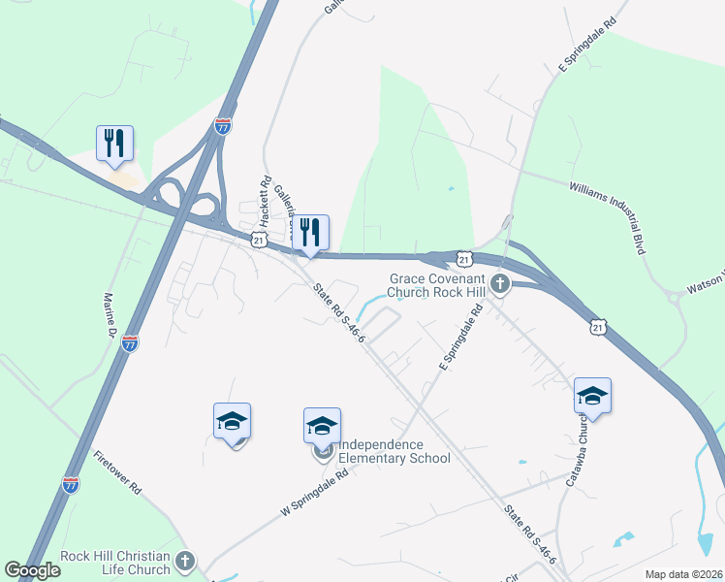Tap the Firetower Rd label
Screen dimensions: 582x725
point(118,472)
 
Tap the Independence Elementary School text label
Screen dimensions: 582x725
point(394,450)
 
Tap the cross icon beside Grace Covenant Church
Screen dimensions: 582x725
point(500,283)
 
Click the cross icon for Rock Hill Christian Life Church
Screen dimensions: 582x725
point(185,562)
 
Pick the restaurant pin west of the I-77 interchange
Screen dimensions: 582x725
point(115,144)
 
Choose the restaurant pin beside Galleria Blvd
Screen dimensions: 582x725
point(311,233)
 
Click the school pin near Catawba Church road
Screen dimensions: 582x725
point(592,396)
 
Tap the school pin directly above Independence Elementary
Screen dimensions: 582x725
point(323,426)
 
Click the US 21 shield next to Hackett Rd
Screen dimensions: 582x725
point(258,240)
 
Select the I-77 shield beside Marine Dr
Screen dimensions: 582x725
point(131,342)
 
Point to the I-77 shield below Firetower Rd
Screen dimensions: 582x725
point(71,485)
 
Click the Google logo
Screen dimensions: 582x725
point(32,570)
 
